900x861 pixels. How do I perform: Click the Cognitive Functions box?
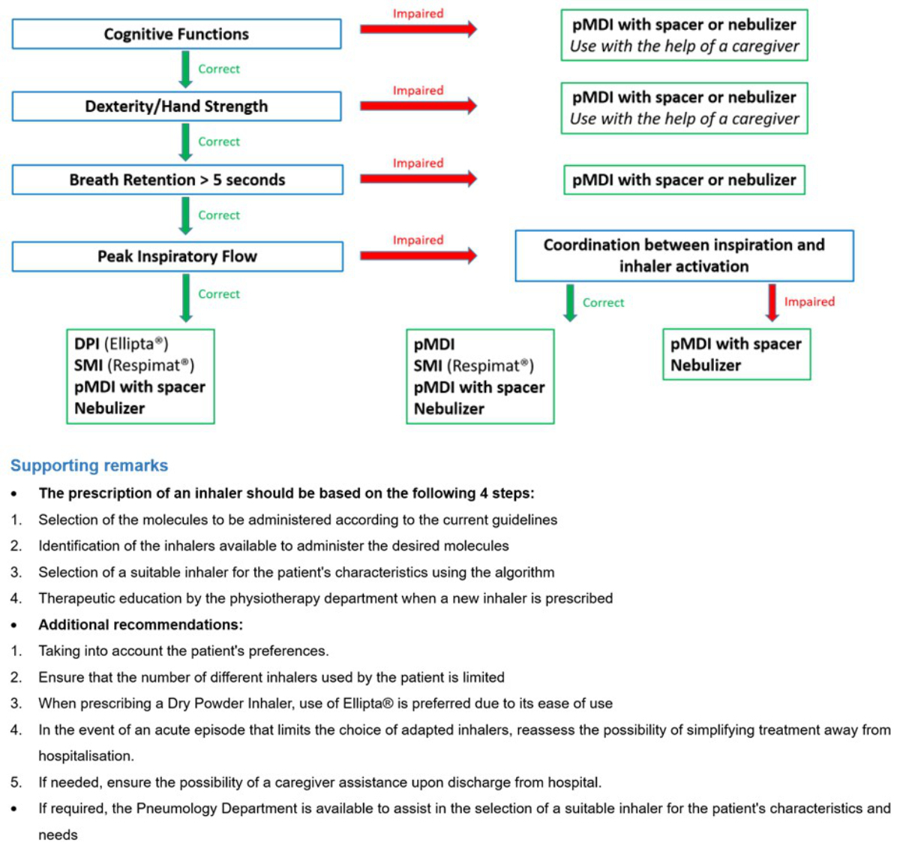tap(176, 35)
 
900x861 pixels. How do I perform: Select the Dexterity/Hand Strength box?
tap(176, 107)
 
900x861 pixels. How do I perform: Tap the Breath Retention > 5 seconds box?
tap(177, 180)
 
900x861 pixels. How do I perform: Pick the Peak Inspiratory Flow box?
tap(177, 257)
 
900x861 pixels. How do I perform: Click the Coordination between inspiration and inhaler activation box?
tap(683, 256)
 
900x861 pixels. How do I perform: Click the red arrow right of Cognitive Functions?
tap(418, 29)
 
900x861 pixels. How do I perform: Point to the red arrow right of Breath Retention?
tap(418, 179)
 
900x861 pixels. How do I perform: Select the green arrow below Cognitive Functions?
tap(185, 69)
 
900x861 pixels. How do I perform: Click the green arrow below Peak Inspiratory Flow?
tap(185, 297)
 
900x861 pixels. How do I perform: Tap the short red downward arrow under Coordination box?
tap(772, 303)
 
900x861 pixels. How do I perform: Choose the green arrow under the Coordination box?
tap(570, 303)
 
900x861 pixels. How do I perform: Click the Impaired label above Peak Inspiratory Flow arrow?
tap(418, 240)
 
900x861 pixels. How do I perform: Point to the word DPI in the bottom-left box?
tap(87, 345)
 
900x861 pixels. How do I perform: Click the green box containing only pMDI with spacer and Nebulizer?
tap(736, 354)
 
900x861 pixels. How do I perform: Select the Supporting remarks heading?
tap(89, 465)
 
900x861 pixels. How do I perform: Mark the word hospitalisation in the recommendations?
tap(85, 756)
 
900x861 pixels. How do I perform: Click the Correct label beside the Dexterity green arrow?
tap(219, 142)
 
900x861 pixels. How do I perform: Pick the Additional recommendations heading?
tap(140, 625)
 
